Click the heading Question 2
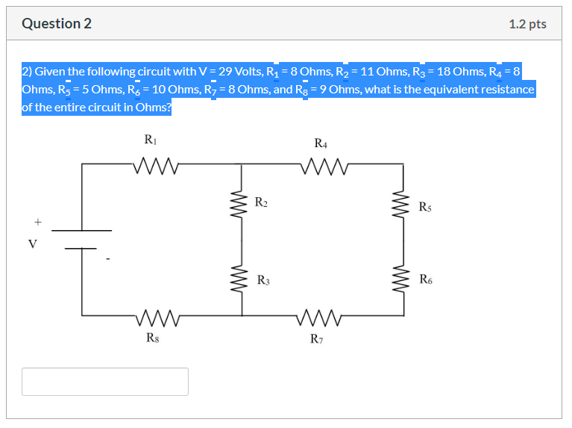(57, 24)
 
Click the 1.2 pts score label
(527, 24)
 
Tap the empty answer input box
(105, 381)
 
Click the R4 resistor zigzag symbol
(321, 164)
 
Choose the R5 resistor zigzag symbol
(403, 205)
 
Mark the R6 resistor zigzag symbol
(403, 280)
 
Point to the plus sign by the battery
(36, 222)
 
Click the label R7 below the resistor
(317, 338)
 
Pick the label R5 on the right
(425, 206)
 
